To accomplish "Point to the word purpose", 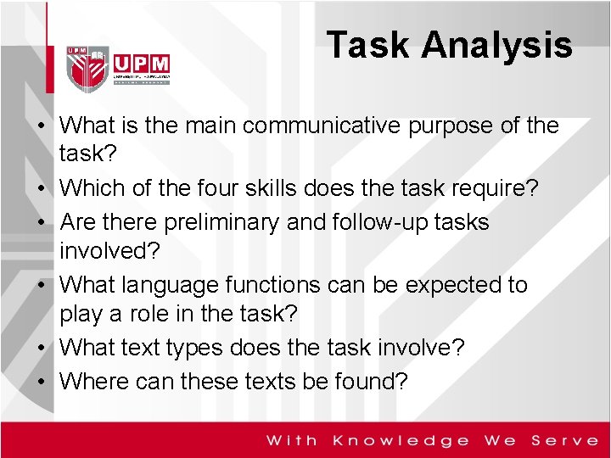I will pos(460,126).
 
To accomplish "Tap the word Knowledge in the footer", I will pos(401,440).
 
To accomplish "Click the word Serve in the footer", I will pos(565,440).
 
